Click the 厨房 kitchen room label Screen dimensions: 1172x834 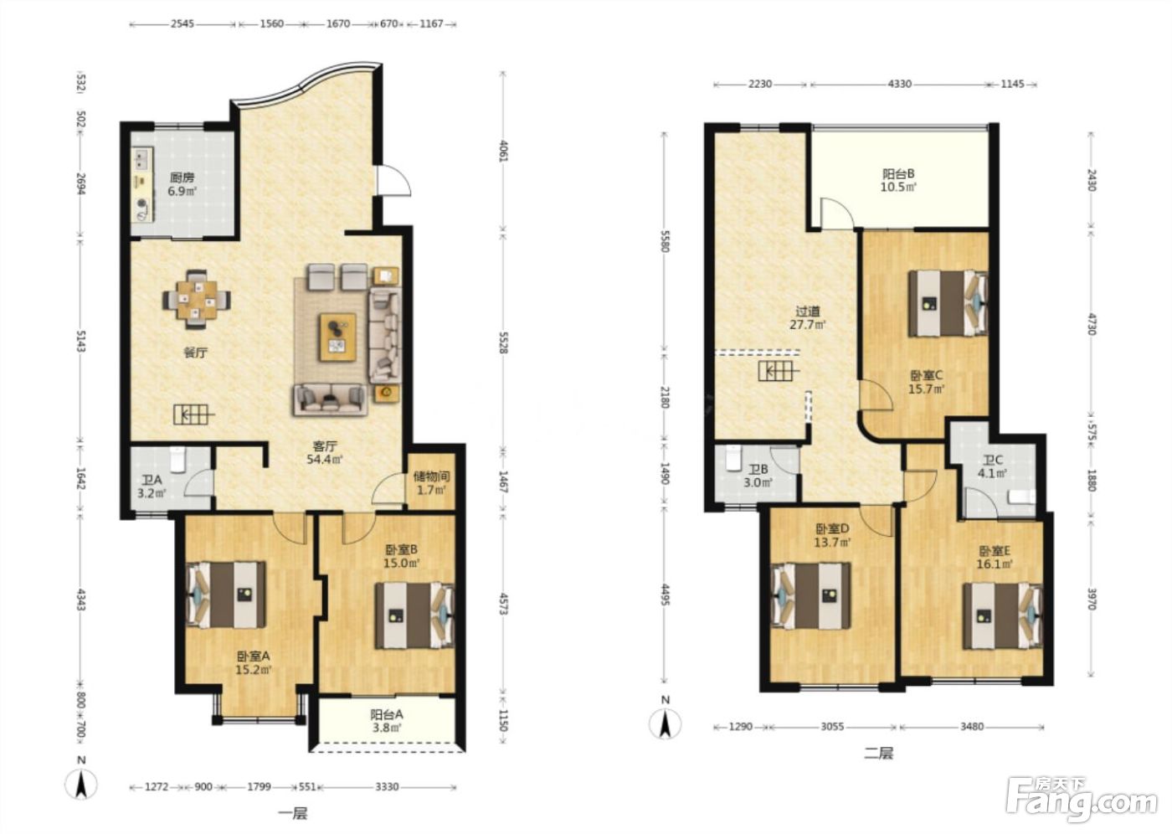click(182, 178)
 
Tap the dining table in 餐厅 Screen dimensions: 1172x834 click(196, 299)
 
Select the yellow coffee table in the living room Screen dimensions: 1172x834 click(338, 337)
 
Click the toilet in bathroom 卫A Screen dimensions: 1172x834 click(178, 459)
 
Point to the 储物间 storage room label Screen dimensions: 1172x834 click(432, 476)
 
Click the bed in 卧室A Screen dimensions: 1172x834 click(225, 595)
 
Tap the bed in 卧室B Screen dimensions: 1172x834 click(414, 615)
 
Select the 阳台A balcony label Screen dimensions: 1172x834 click(387, 714)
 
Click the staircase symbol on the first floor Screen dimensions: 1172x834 click(193, 414)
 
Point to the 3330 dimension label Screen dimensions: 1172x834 click(387, 786)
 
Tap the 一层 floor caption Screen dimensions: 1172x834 click(293, 813)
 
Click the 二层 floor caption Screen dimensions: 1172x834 click(879, 754)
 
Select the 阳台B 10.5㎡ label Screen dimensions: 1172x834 click(898, 181)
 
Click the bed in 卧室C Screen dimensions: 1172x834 click(948, 303)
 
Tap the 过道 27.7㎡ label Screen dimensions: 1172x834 click(807, 317)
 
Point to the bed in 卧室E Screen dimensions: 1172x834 click(1003, 615)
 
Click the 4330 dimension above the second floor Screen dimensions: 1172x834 click(899, 84)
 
